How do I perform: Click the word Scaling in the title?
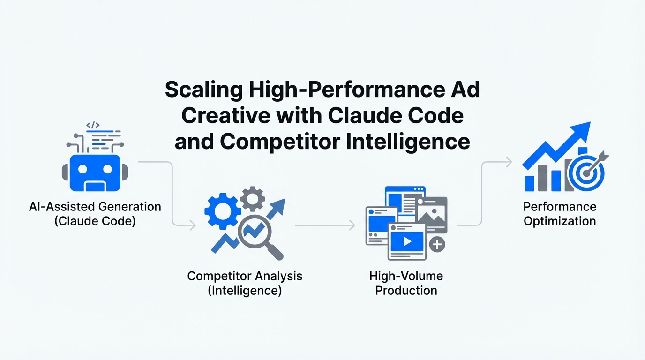[204, 90]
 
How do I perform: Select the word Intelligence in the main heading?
[408, 142]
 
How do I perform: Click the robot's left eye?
[82, 169]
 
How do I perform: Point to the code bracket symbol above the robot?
[93, 125]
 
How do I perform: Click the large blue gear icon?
[223, 211]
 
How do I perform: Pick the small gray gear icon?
[253, 198]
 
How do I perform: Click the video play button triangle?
[407, 241]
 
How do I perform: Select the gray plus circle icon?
[437, 245]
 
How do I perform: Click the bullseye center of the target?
[586, 173]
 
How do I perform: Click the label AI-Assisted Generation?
[95, 207]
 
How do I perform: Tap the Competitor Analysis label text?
[245, 276]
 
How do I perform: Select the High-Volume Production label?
[406, 283]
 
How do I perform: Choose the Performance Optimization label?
[560, 214]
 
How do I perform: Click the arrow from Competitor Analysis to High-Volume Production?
[325, 225]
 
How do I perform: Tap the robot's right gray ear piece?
[125, 172]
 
